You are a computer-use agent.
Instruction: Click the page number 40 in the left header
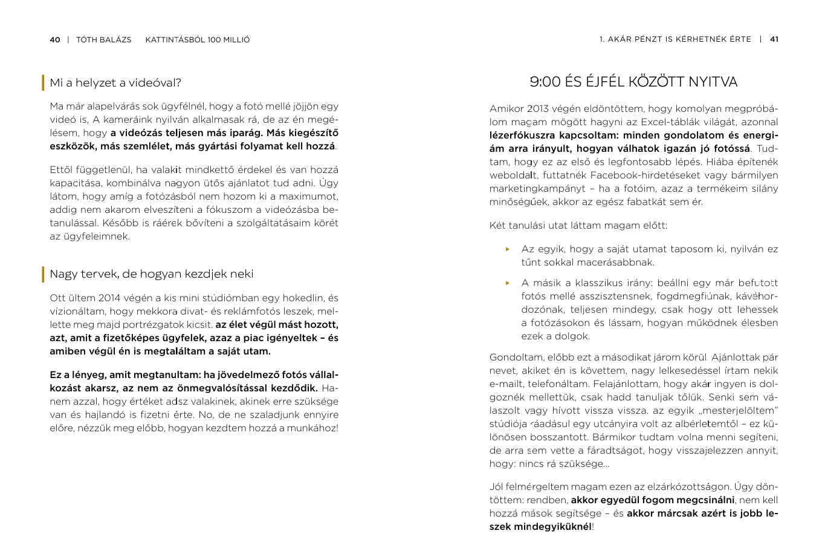click(55, 40)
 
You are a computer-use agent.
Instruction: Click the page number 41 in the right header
click(774, 39)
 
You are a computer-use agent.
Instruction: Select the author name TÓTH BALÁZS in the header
click(103, 40)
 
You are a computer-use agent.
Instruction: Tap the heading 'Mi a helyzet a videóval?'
click(115, 83)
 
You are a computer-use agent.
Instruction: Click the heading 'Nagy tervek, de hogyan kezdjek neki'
click(152, 274)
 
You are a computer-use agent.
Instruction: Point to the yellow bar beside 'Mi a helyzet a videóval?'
click(43, 83)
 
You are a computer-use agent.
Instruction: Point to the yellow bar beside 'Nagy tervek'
click(43, 274)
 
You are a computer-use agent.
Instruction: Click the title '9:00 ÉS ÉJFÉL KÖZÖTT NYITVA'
click(633, 82)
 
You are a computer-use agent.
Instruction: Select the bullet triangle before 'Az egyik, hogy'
click(508, 249)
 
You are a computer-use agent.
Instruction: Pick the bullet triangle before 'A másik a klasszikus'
click(508, 283)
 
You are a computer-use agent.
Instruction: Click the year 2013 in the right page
click(537, 109)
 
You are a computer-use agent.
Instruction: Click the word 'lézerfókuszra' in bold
click(522, 135)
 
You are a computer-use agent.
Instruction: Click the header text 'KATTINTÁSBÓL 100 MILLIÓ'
click(198, 40)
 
